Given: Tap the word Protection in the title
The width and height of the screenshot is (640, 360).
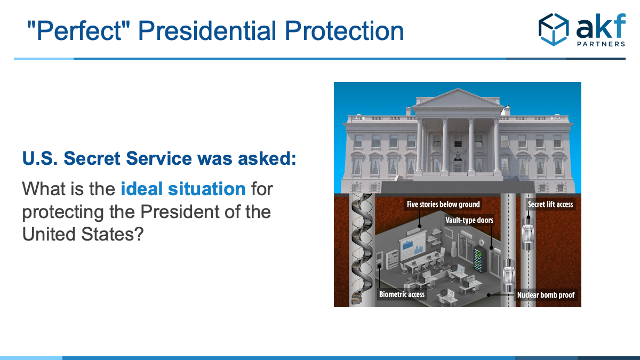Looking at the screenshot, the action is click(x=345, y=30).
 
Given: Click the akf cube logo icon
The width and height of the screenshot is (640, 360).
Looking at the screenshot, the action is click(x=554, y=29).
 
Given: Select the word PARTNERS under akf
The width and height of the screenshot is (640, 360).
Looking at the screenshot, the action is click(x=601, y=44).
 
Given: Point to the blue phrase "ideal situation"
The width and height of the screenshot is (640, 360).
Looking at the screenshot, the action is click(x=183, y=189).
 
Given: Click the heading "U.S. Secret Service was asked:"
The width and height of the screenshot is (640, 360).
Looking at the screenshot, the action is click(x=159, y=158).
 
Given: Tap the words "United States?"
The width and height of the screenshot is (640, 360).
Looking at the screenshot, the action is click(x=83, y=234).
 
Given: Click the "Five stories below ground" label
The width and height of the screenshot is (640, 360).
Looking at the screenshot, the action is click(x=443, y=204).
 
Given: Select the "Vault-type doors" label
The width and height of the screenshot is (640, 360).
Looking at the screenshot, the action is click(x=469, y=220).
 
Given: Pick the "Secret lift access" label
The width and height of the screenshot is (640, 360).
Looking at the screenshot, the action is click(x=550, y=204).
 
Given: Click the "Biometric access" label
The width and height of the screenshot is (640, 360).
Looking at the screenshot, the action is click(x=402, y=294).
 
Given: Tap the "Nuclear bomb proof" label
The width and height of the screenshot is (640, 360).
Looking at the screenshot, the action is click(x=546, y=295).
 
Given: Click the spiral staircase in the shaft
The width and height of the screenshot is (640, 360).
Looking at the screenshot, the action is click(x=362, y=249).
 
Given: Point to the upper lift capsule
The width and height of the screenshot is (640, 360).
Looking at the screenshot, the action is click(x=528, y=234).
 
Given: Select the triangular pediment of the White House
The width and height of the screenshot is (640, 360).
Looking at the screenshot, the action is click(x=458, y=99).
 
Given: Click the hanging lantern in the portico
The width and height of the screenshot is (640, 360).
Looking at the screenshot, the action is click(x=458, y=156).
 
